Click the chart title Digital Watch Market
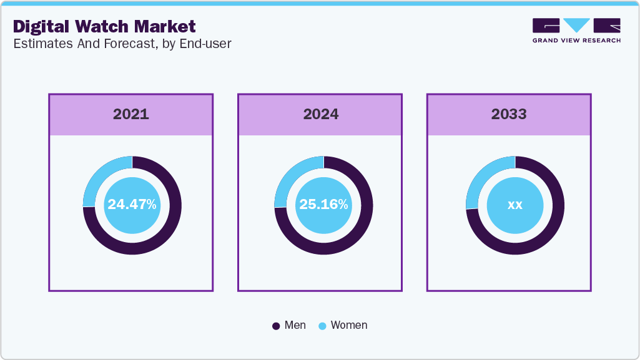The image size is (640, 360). (104, 26)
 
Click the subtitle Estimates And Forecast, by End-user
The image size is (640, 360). (122, 44)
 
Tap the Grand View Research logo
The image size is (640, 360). (576, 31)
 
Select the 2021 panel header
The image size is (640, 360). (131, 114)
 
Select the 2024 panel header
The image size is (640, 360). (320, 114)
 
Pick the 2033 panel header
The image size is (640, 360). (509, 114)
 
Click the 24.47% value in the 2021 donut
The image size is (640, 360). (132, 205)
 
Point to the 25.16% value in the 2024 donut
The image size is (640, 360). (323, 205)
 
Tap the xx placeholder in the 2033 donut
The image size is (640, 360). (515, 205)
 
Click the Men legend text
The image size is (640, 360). (295, 325)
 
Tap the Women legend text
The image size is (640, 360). (349, 325)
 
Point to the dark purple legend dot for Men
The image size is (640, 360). (276, 326)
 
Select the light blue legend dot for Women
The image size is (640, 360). (322, 326)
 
